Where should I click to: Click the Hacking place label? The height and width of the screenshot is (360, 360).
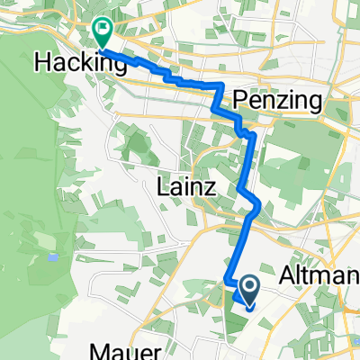pyautogui.click(x=80, y=62)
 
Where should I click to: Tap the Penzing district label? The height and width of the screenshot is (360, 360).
pyautogui.click(x=277, y=102)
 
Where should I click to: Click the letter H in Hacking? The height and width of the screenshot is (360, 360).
pyautogui.click(x=42, y=62)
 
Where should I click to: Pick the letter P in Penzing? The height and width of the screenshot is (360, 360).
pyautogui.click(x=238, y=102)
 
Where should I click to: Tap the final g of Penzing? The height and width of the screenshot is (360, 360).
pyautogui.click(x=313, y=104)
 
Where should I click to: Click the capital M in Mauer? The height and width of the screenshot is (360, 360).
pyautogui.click(x=97, y=351)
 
